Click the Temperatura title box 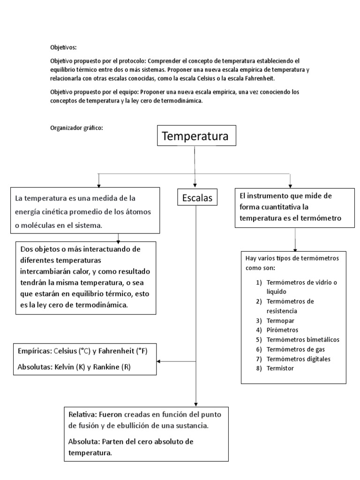195,137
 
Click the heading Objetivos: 63,47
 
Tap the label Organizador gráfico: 76,127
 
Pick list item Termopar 278,320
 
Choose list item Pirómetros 282,330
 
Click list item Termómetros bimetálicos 302,339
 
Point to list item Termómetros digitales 298,359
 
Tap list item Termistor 280,368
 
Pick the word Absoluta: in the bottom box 85,442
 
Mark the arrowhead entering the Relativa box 196,404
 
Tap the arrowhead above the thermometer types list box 294,250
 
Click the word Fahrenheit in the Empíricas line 114,351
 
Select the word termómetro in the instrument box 320,218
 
